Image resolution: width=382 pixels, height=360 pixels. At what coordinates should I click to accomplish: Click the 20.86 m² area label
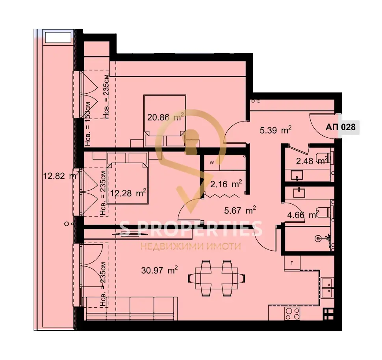[165, 117]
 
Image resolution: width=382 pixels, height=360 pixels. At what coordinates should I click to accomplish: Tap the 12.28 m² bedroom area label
[128, 193]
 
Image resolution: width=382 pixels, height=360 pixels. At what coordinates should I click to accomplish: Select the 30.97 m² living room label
[159, 270]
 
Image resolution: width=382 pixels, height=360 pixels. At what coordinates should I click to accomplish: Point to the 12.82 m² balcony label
[61, 175]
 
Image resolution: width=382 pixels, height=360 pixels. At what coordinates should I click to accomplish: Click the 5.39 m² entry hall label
[276, 130]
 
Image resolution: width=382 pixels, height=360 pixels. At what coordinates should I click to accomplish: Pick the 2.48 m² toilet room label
[312, 161]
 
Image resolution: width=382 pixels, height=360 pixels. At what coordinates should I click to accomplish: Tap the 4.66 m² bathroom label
[303, 215]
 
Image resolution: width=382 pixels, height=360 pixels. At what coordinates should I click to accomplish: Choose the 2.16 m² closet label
[226, 184]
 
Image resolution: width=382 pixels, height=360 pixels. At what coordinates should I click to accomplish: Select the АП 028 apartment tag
[341, 127]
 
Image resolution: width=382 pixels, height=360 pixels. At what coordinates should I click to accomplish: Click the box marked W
[212, 162]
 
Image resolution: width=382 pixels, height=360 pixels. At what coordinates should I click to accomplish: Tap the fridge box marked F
[292, 263]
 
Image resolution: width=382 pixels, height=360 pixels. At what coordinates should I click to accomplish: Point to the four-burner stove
[292, 314]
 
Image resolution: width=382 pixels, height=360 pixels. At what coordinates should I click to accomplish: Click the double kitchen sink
[327, 288]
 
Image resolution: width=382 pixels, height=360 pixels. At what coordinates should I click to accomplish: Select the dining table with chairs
[217, 278]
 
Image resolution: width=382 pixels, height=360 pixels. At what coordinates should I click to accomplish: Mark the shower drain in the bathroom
[318, 238]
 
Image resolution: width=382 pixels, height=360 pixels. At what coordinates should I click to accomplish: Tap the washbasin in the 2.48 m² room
[297, 175]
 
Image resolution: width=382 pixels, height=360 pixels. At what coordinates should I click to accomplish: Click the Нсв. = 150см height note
[88, 124]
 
